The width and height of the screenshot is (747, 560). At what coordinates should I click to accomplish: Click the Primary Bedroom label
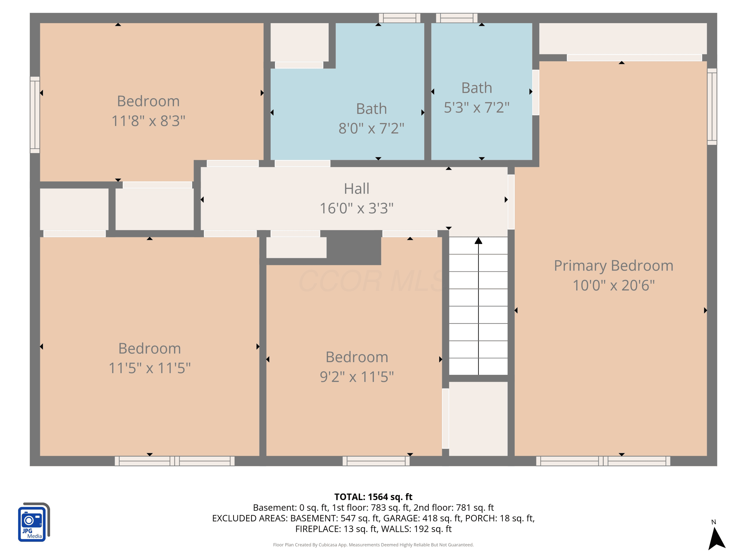click(614, 266)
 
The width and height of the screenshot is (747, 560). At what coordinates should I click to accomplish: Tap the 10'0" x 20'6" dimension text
click(614, 285)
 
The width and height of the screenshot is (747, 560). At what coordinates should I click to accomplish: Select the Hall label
click(357, 188)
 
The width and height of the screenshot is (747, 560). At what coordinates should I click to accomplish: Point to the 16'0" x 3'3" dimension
click(357, 208)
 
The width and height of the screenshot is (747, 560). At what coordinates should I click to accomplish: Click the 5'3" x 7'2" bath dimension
click(477, 108)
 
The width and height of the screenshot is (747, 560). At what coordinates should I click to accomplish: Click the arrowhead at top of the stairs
click(478, 241)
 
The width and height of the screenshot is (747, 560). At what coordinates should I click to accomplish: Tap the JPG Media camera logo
click(34, 522)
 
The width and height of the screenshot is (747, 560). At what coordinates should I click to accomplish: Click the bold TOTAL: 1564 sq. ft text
click(373, 497)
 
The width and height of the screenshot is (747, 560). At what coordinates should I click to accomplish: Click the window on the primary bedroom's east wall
click(712, 107)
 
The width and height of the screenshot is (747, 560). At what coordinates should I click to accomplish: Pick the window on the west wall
click(35, 115)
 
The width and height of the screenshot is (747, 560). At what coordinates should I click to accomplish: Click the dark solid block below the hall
click(354, 248)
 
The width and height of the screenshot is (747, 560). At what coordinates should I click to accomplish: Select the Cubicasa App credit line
click(373, 545)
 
